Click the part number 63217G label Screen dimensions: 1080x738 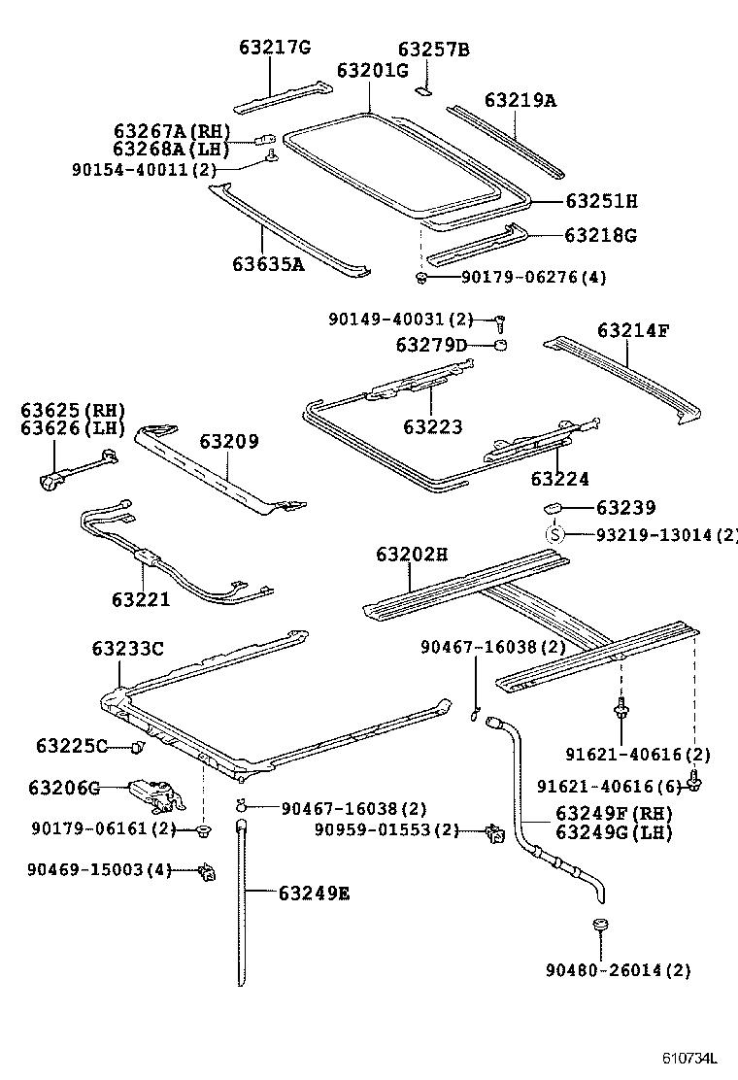tap(275, 49)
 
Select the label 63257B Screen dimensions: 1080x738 tap(433, 50)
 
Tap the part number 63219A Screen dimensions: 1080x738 tap(520, 100)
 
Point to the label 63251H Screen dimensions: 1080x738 tap(601, 202)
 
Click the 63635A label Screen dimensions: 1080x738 tap(268, 263)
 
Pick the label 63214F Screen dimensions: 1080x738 tap(633, 330)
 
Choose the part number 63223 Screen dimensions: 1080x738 tap(433, 426)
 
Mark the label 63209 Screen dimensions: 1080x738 tap(229, 442)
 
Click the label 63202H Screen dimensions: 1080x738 tap(412, 555)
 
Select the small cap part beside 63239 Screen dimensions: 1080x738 tap(555, 507)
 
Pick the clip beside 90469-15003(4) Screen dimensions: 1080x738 tap(207, 871)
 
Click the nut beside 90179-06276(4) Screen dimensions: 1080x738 tap(420, 279)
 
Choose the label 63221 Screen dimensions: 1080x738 tap(140, 599)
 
